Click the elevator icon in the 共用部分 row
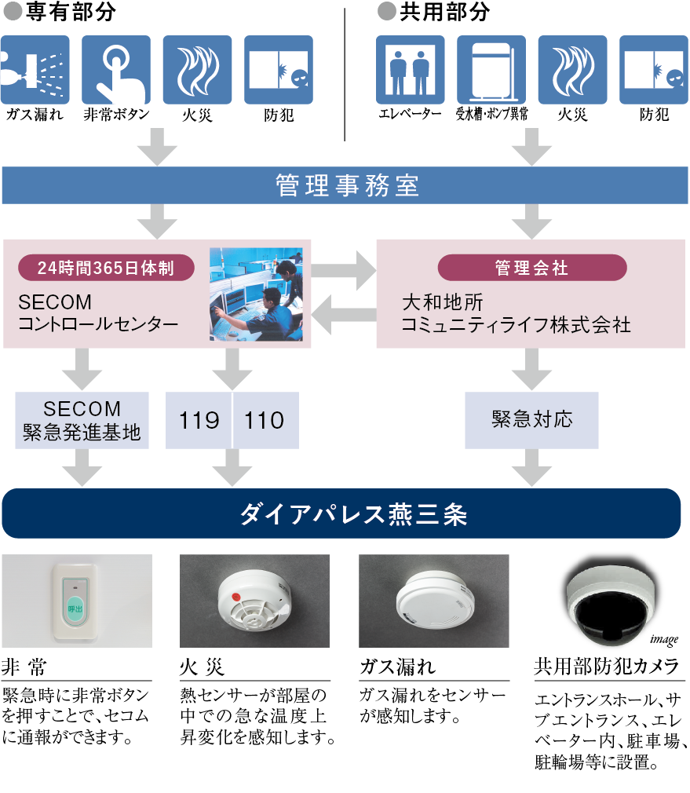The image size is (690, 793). pyautogui.click(x=404, y=70)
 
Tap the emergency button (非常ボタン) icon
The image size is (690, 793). pyautogui.click(x=116, y=70)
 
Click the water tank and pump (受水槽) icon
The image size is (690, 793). pyautogui.click(x=491, y=70)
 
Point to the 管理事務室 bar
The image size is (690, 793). pyautogui.click(x=345, y=186)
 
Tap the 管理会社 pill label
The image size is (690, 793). pyautogui.click(x=531, y=268)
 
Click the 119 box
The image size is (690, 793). pyautogui.click(x=199, y=420)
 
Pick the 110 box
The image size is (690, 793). pyautogui.click(x=265, y=420)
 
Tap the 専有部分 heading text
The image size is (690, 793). pyautogui.click(x=70, y=13)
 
